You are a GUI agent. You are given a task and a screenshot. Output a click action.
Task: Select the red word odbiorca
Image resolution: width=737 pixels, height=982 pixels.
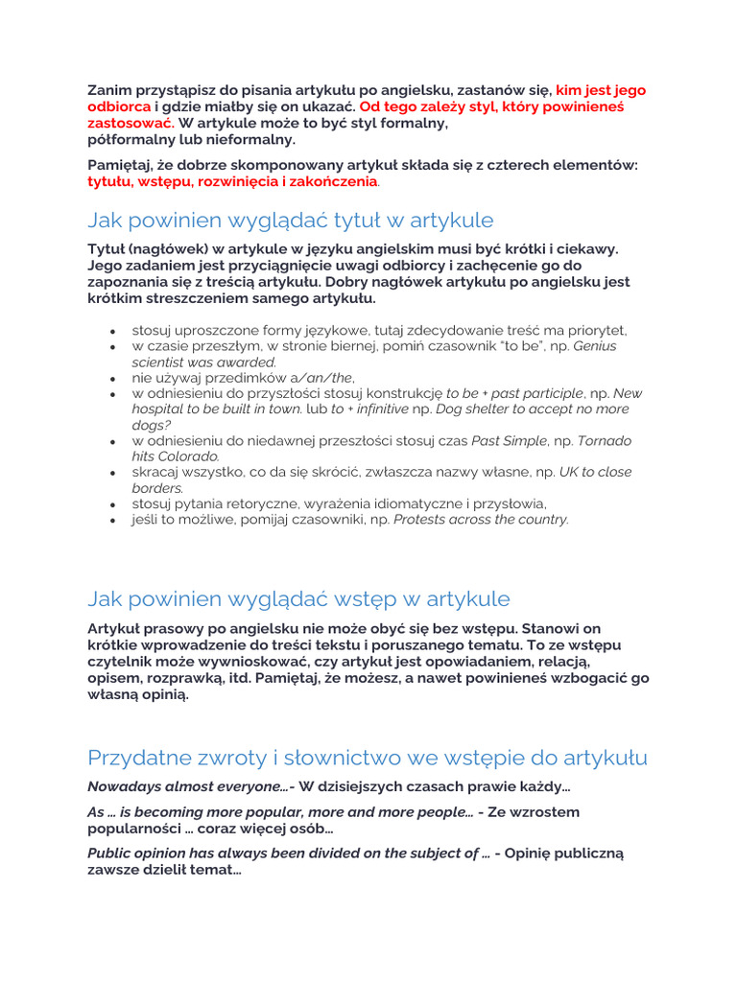point(119,106)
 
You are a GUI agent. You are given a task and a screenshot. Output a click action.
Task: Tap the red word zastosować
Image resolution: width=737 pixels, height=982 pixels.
point(130,124)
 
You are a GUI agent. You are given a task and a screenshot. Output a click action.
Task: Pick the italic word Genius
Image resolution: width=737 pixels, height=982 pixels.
point(595,345)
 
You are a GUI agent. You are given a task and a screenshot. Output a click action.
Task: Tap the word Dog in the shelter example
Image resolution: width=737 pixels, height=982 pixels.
point(451,409)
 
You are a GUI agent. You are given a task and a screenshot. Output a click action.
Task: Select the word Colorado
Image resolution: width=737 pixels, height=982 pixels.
point(188,456)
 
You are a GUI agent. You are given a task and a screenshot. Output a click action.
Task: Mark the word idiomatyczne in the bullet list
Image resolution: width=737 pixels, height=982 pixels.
point(410,503)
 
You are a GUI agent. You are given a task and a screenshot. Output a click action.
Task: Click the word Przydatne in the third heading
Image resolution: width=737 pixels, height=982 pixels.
point(134,759)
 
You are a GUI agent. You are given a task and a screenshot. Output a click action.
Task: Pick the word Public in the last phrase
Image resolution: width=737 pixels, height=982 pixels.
point(109,853)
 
